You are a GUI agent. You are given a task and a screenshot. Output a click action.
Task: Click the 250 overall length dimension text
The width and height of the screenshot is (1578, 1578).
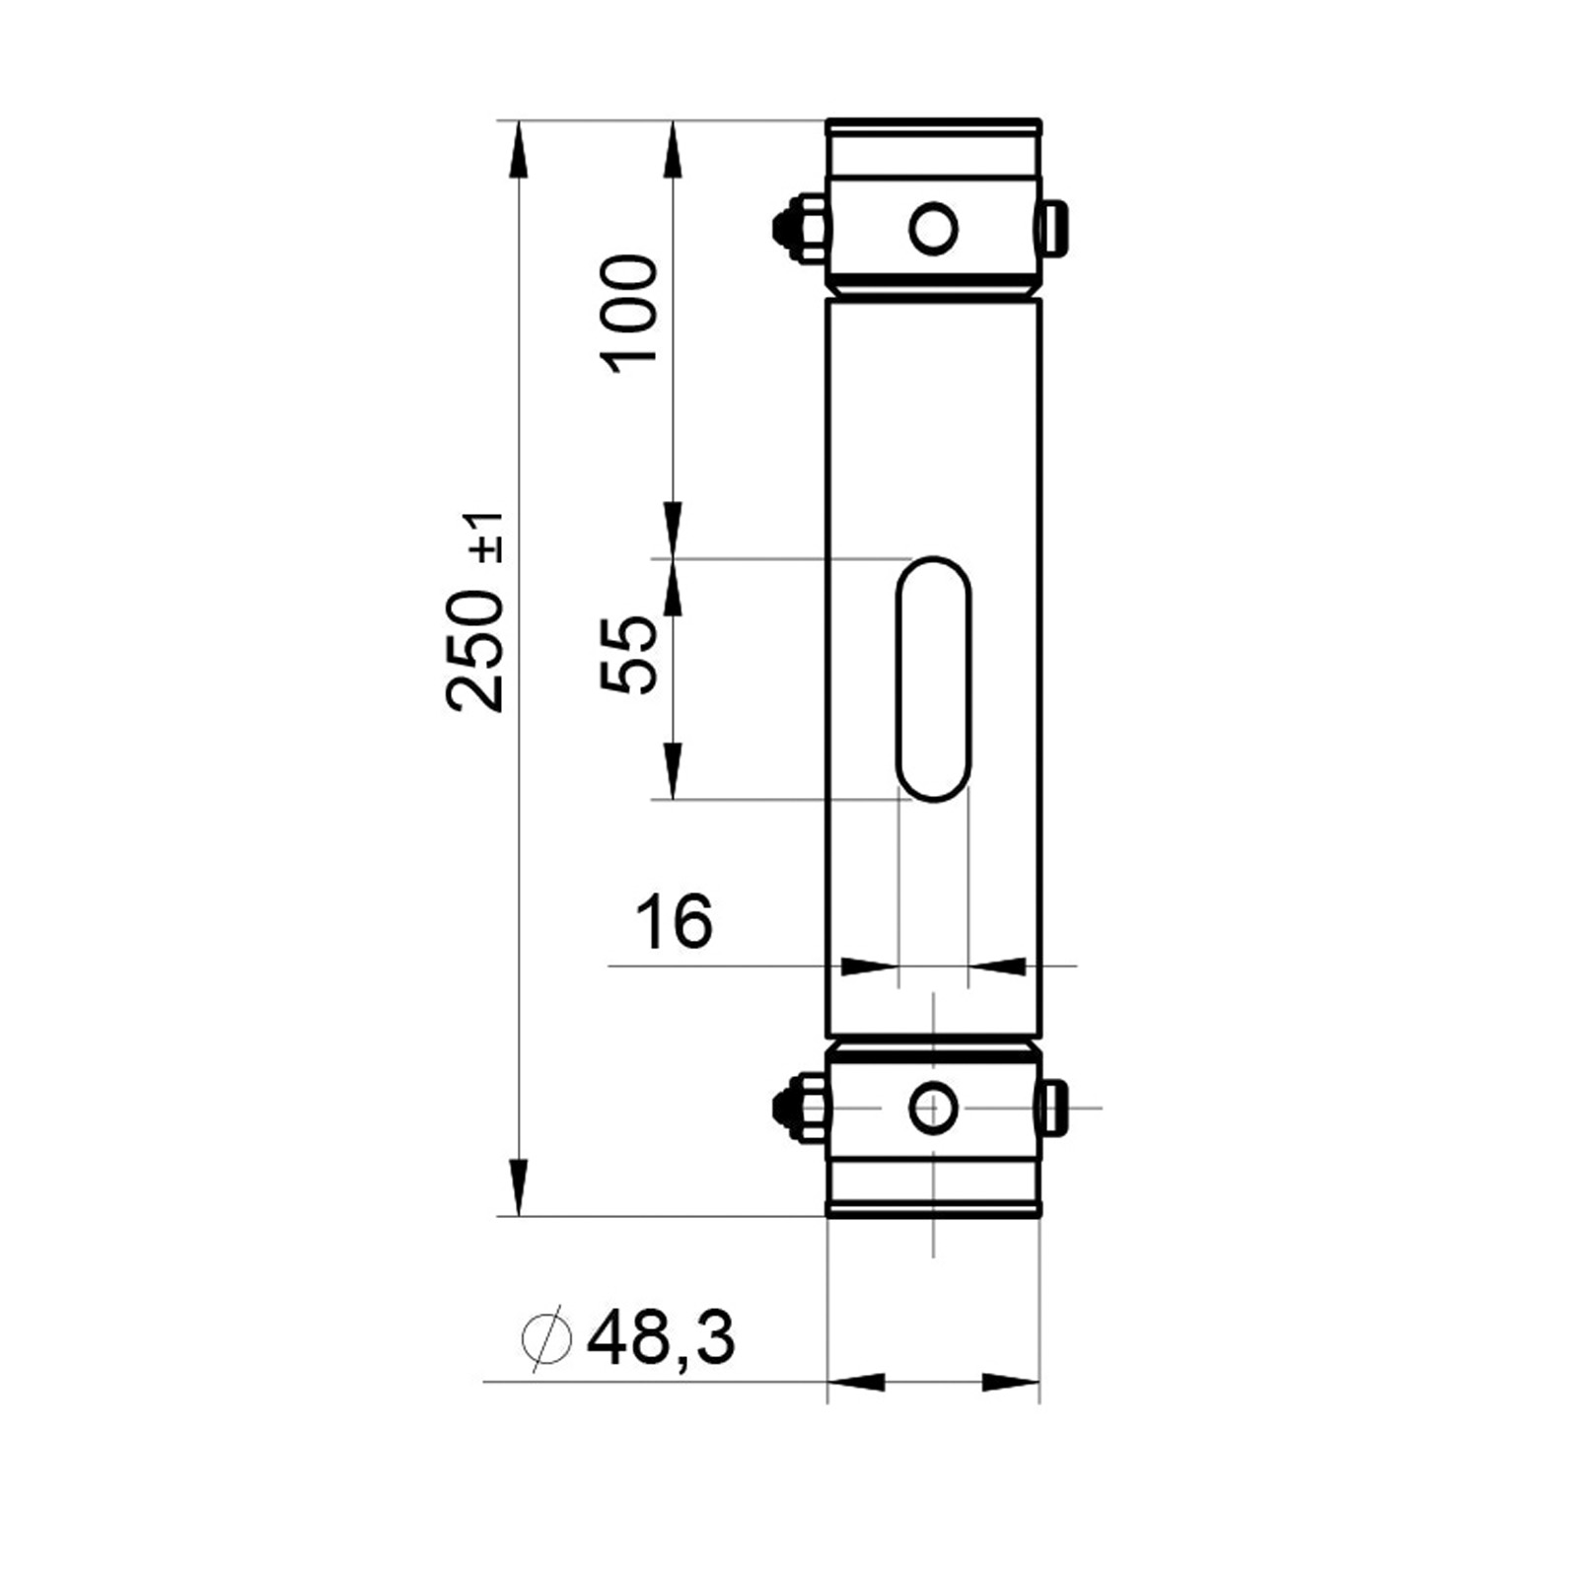(x=475, y=650)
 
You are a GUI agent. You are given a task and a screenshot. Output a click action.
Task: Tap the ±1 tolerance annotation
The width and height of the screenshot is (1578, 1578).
(x=490, y=538)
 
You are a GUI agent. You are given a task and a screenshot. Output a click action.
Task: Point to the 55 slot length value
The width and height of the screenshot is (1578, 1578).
(x=628, y=655)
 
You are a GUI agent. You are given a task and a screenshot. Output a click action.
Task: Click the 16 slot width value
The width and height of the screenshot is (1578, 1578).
(x=674, y=921)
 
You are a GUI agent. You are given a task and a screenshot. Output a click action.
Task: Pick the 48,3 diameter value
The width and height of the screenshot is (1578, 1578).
(x=661, y=1338)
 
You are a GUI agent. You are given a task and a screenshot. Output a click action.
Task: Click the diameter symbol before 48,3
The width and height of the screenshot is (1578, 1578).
(x=546, y=1338)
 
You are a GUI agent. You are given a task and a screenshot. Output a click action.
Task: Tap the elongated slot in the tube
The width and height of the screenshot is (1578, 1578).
(x=933, y=679)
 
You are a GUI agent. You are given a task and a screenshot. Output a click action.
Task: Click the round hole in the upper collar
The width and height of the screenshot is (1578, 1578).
(x=933, y=229)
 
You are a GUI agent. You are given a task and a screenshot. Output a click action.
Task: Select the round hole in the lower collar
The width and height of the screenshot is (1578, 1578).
(x=933, y=1107)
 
